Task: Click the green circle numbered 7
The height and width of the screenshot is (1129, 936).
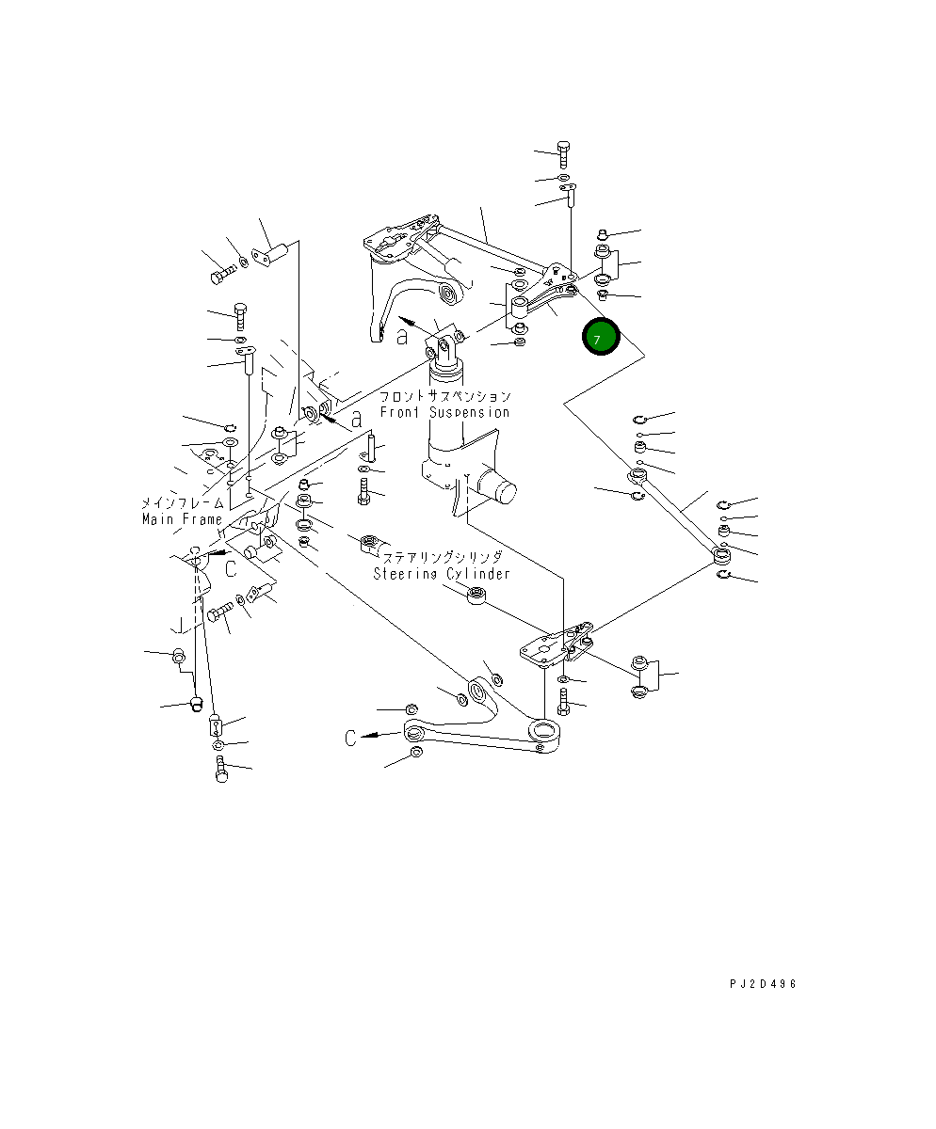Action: tap(600, 338)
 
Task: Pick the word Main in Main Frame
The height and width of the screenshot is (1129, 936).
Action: tap(157, 519)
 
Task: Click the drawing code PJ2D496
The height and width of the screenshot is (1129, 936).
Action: tap(763, 983)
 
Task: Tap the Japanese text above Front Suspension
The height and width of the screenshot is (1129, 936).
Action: tap(445, 396)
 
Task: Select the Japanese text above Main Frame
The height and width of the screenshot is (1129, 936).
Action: tap(181, 503)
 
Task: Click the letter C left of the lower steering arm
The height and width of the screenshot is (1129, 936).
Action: tap(349, 739)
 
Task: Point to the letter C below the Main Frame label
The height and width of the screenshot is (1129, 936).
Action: tap(230, 567)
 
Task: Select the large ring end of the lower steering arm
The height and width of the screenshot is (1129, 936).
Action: tap(544, 730)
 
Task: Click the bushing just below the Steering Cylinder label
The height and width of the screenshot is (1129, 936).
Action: tap(478, 596)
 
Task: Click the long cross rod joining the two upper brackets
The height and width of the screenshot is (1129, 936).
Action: tap(490, 246)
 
